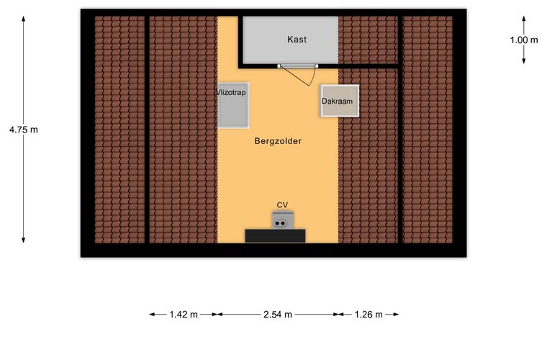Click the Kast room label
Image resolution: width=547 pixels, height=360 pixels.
coord(297,40)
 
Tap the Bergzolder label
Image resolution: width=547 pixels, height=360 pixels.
coord(278,141)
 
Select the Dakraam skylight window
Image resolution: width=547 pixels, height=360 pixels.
coord(340,101)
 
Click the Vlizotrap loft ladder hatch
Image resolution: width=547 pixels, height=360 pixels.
coord(233,105)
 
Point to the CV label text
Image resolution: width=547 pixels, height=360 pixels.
coord(282,204)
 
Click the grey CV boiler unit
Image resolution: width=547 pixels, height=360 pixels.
coord(283,220)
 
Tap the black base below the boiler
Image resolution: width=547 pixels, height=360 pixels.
coord(275,236)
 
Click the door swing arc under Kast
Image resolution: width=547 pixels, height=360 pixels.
coord(313,76)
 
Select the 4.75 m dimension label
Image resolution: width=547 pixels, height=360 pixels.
coord(23,130)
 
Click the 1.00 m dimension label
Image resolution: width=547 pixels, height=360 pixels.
coord(524,40)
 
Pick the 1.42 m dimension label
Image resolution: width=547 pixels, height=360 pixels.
coord(184,315)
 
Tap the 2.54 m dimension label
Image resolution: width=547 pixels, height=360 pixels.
coord(278,315)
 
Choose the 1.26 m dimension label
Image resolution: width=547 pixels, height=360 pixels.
coord(369,315)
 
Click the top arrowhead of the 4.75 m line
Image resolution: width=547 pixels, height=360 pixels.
coord(23,19)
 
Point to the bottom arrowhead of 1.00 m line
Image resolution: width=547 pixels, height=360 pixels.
coord(524,61)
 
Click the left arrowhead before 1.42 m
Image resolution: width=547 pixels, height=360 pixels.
coord(153,315)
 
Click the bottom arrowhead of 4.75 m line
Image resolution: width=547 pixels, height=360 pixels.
coord(23,240)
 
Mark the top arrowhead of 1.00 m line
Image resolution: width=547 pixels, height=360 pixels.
coord(524,19)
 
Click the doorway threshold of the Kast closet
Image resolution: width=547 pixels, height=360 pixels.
coord(297,66)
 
